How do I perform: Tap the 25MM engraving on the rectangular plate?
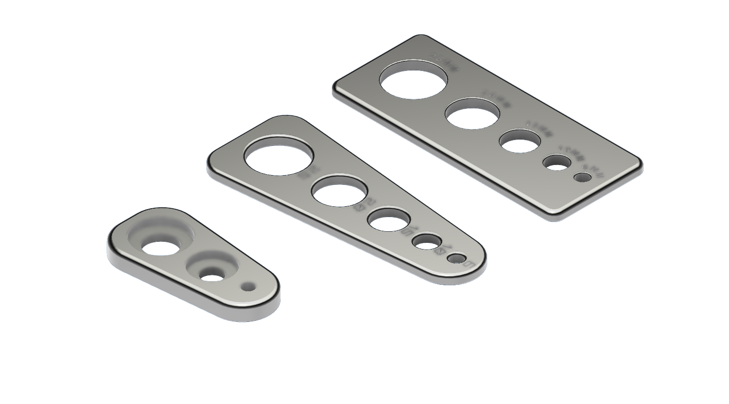coord(442,59)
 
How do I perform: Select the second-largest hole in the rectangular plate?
coord(472,114)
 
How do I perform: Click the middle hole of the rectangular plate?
coord(520,141)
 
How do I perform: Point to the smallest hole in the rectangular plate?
coord(583,177)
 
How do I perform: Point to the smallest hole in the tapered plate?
coord(456,259)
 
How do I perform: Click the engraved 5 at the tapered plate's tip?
coord(469,264)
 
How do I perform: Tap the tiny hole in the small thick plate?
coord(248,287)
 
